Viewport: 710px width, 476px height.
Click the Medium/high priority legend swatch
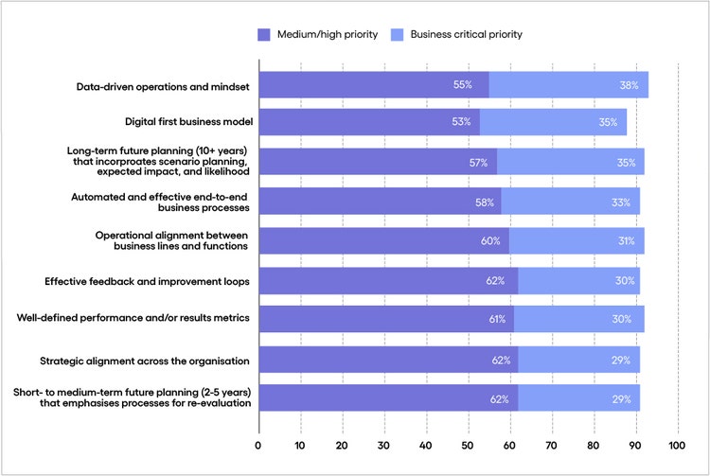pos(263,35)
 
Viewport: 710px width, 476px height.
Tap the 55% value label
pos(463,85)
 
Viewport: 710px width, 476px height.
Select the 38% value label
pos(629,85)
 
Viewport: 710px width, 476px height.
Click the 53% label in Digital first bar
pos(461,122)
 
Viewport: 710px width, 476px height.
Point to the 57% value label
pos(479,163)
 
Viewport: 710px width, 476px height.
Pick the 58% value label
pos(483,202)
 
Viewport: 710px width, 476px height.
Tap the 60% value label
pos(489,241)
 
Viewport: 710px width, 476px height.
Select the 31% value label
pos(626,241)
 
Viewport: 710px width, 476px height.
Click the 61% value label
pos(497,319)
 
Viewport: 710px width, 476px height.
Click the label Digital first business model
pos(186,122)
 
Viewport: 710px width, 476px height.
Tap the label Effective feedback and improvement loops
pos(147,281)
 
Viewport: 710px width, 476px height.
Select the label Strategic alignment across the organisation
pos(145,360)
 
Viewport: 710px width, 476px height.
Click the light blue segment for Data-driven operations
pos(568,85)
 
